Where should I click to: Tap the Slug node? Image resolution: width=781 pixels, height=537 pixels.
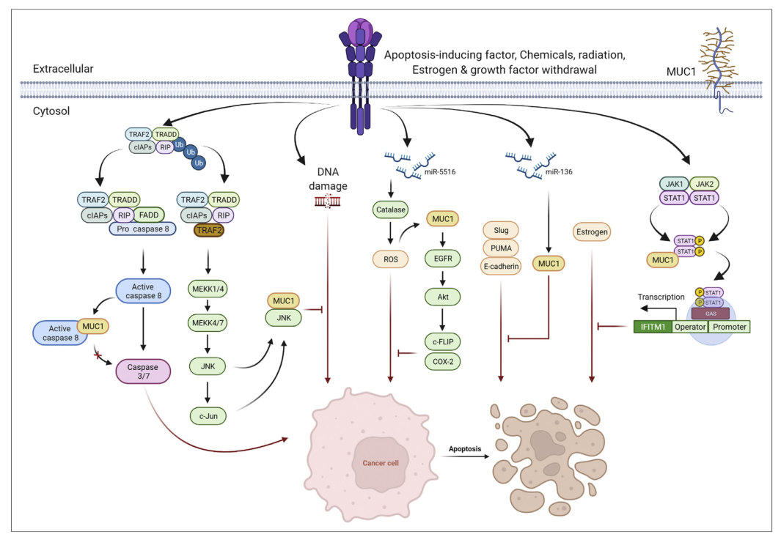click(502, 231)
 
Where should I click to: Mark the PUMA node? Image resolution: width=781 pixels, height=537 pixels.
click(502, 248)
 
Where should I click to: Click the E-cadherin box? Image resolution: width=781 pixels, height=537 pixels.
click(502, 266)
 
